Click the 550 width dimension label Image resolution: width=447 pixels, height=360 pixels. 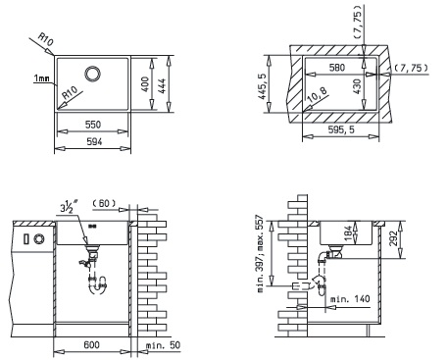(93, 125)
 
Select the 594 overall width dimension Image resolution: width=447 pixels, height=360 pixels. (94, 141)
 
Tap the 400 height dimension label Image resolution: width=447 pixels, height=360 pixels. (146, 84)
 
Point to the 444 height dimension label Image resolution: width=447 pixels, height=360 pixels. (162, 86)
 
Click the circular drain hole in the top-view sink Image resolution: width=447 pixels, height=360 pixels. (92, 74)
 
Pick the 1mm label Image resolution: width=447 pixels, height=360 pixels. (41, 78)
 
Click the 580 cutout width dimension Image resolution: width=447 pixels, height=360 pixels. (337, 68)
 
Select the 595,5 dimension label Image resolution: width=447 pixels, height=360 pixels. (341, 129)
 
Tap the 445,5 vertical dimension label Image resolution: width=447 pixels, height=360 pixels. (262, 86)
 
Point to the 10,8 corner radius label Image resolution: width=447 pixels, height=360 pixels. (318, 95)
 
